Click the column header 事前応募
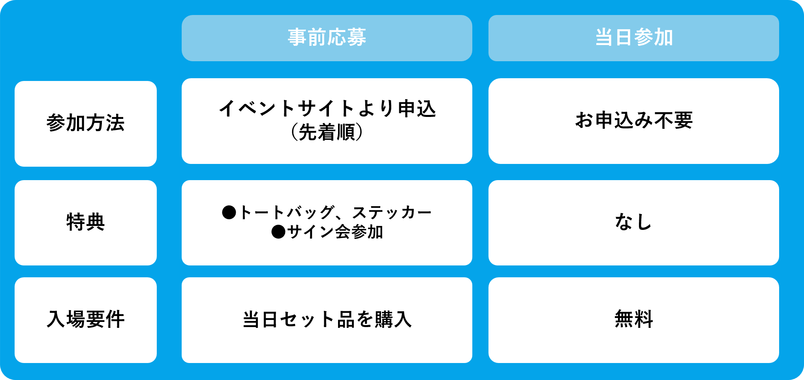pyautogui.click(x=327, y=38)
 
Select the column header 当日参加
pyautogui.click(x=633, y=38)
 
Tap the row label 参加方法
pyautogui.click(x=86, y=123)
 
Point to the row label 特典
pyautogui.click(x=86, y=222)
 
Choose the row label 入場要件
pyautogui.click(x=86, y=319)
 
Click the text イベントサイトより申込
pyautogui.click(x=327, y=109)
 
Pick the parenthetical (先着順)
pyautogui.click(x=327, y=132)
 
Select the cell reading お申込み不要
pyautogui.click(x=633, y=120)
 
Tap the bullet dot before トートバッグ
pyautogui.click(x=229, y=213)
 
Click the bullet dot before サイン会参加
pyautogui.click(x=278, y=232)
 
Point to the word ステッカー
pyautogui.click(x=392, y=213)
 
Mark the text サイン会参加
pyautogui.click(x=335, y=232)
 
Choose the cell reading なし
pyautogui.click(x=633, y=222)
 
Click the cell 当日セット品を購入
pyautogui.click(x=327, y=320)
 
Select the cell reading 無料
pyautogui.click(x=633, y=319)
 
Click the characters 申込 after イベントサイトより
pyautogui.click(x=417, y=109)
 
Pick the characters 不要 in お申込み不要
pyautogui.click(x=673, y=120)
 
